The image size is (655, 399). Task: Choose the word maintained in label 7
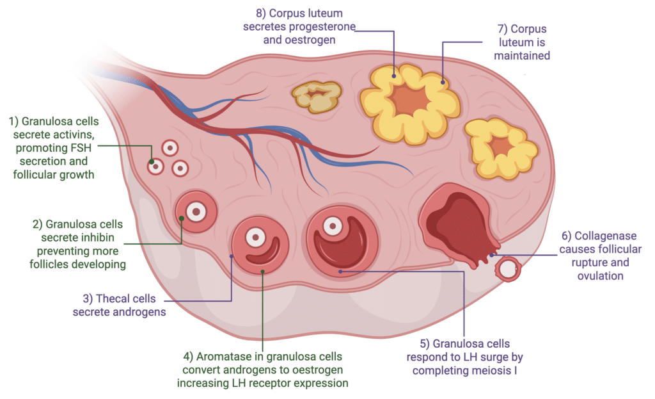522,56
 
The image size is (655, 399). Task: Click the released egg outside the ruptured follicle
508,270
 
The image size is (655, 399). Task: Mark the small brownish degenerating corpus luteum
317,97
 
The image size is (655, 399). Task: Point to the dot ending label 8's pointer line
394,76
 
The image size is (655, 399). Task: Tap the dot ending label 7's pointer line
443,83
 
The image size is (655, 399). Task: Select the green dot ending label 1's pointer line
152,162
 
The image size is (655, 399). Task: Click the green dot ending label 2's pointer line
181,218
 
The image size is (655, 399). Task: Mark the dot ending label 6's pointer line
492,255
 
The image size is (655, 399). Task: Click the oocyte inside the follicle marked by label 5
333,226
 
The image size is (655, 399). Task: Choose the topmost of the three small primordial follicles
170,148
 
